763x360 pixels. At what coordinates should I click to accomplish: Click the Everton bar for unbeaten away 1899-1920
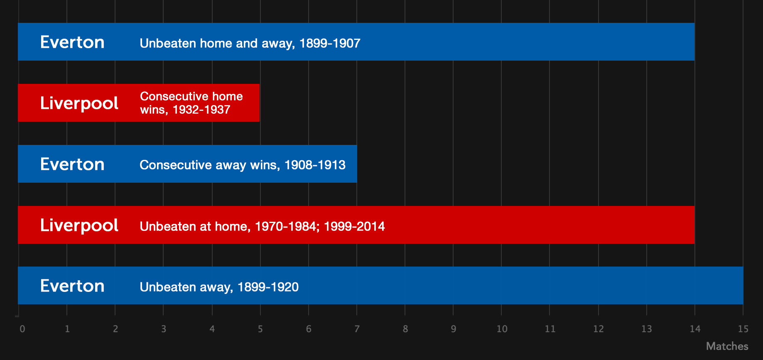tap(380, 285)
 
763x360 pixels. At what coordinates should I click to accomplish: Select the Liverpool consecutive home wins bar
tap(139, 103)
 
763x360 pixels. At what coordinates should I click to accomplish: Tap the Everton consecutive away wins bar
tap(187, 164)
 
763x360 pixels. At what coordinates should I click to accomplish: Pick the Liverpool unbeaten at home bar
tap(356, 225)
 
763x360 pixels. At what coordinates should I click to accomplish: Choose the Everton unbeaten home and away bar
tap(356, 42)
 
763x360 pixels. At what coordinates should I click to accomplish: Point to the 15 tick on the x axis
tap(743, 329)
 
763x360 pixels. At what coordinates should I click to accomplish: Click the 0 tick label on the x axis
tap(22, 329)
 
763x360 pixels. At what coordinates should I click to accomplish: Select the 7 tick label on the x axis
tap(357, 329)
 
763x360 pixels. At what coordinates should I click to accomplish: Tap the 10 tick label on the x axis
tap(502, 329)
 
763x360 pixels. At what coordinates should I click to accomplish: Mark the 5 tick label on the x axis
tap(260, 329)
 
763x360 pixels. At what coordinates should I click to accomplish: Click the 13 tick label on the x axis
tap(647, 329)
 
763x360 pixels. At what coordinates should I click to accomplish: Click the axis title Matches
tap(727, 346)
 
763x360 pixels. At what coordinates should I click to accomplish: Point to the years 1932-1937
tap(201, 110)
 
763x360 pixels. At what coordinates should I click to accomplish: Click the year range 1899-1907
tap(330, 43)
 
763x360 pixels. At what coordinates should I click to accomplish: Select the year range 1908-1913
tap(315, 165)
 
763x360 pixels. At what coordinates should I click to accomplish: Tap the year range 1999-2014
tap(354, 226)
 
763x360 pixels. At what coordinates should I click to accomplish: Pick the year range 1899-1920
tap(268, 287)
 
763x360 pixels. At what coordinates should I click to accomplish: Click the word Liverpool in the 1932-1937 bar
tap(79, 103)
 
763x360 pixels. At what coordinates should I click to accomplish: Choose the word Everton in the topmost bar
tap(72, 42)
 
